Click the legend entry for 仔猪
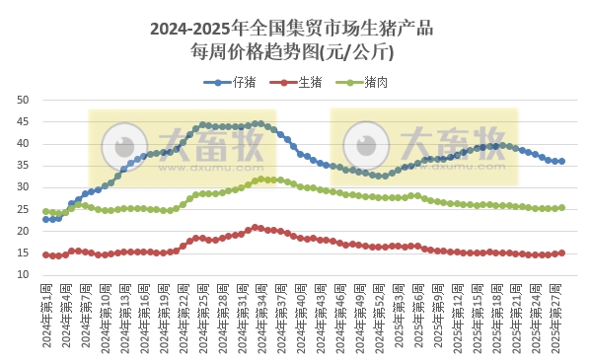pos(230,83)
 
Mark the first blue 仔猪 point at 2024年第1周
pos(46,219)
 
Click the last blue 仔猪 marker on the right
pos(561,161)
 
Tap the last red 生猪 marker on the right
pos(561,252)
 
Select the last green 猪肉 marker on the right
pos(561,207)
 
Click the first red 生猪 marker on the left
pos(46,254)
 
